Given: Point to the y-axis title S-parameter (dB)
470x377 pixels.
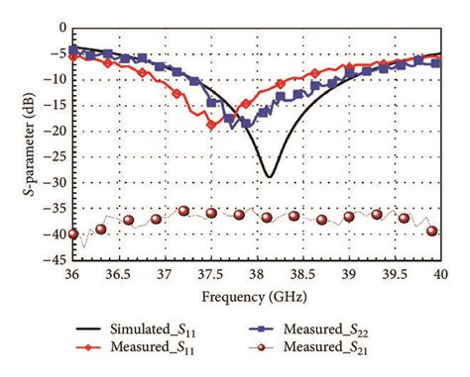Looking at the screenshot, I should (x=13, y=144).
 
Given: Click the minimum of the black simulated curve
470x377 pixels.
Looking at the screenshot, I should (x=268, y=177).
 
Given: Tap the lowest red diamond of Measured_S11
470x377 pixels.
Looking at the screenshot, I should (x=210, y=125).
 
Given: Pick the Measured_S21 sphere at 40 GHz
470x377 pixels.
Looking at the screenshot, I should (x=432, y=231).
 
